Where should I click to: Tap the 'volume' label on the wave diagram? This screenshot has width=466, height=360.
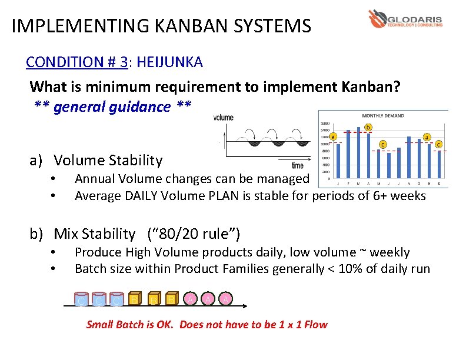tap(224, 118)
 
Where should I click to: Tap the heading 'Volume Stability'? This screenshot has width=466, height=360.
tap(108, 160)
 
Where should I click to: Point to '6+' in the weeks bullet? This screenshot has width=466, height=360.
tap(377, 196)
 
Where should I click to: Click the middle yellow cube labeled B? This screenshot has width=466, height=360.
tap(153, 301)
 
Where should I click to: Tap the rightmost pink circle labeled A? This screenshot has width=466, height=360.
tap(225, 299)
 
